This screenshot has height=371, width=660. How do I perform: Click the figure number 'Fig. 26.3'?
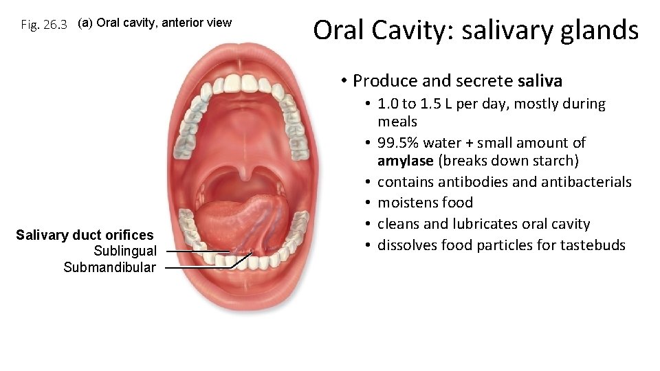tap(44, 25)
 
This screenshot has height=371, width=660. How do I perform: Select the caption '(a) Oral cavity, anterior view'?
tap(155, 23)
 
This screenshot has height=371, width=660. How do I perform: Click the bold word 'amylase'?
tap(405, 161)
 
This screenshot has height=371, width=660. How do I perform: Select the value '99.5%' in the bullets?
tap(398, 143)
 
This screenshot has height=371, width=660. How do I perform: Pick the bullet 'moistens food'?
tap(425, 203)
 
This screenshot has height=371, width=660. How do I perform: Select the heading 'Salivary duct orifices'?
tap(85, 236)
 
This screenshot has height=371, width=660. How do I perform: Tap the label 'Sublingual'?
tap(124, 251)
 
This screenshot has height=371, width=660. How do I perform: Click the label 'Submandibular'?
tap(109, 267)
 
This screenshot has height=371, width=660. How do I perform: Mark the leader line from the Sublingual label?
tap(196, 251)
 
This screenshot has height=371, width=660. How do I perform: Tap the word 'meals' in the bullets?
tap(397, 122)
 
